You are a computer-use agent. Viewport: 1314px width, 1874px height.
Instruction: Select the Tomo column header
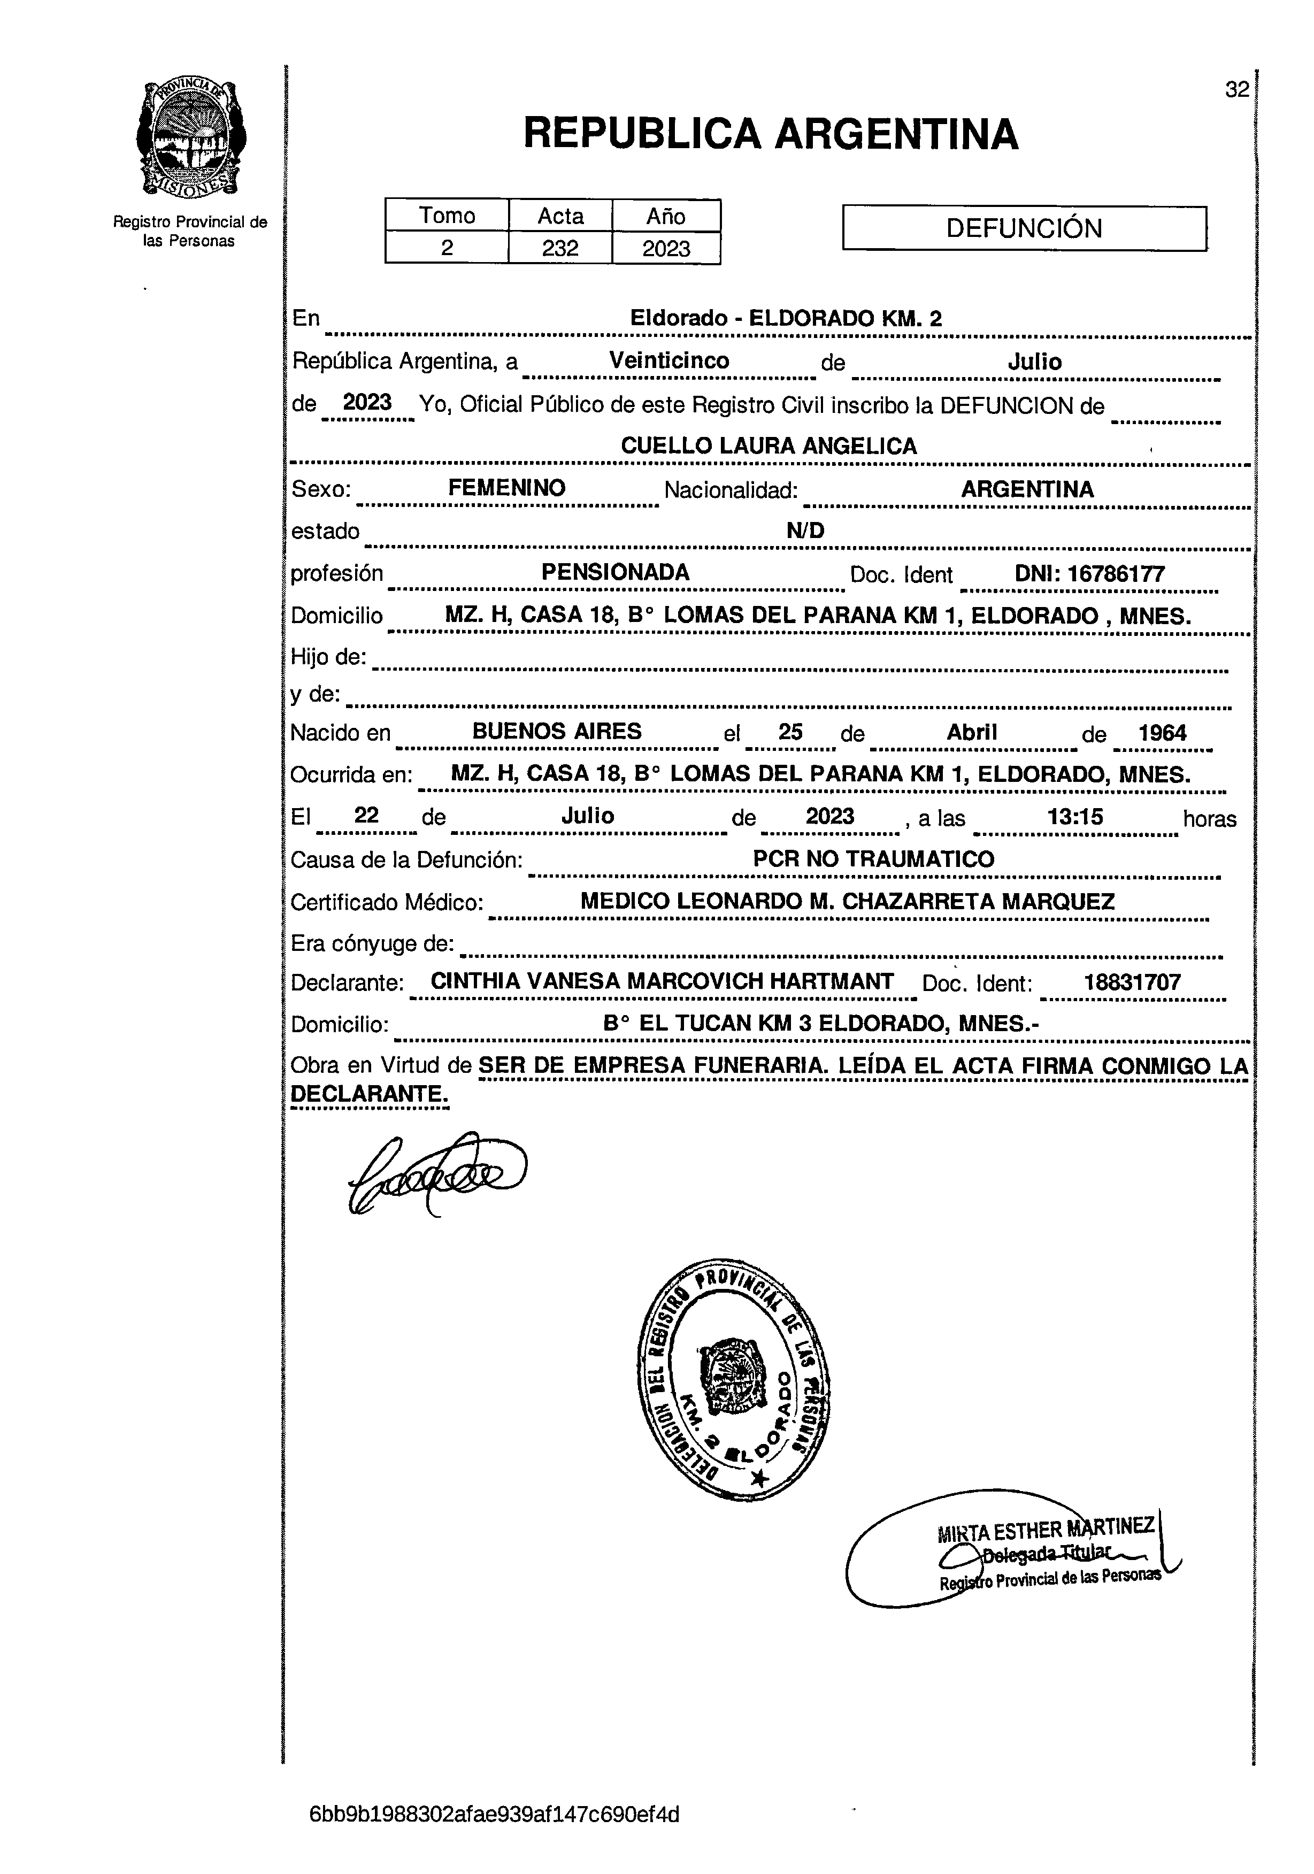(447, 216)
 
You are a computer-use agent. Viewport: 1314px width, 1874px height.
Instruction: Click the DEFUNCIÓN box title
(1024, 228)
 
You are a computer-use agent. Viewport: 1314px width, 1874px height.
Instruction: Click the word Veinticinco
(669, 361)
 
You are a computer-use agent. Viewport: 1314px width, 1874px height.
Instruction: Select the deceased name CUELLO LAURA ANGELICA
(769, 446)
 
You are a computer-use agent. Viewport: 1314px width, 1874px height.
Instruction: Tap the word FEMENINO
(507, 488)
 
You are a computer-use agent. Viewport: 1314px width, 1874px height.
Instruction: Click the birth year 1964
(1162, 732)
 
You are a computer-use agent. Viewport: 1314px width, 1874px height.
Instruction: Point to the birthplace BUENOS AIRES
(557, 731)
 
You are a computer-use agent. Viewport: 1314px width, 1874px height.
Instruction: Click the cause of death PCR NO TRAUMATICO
(873, 858)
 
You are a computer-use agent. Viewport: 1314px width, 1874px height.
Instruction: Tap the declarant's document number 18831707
(1132, 982)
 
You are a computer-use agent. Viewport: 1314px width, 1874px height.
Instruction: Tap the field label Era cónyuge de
(372, 943)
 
